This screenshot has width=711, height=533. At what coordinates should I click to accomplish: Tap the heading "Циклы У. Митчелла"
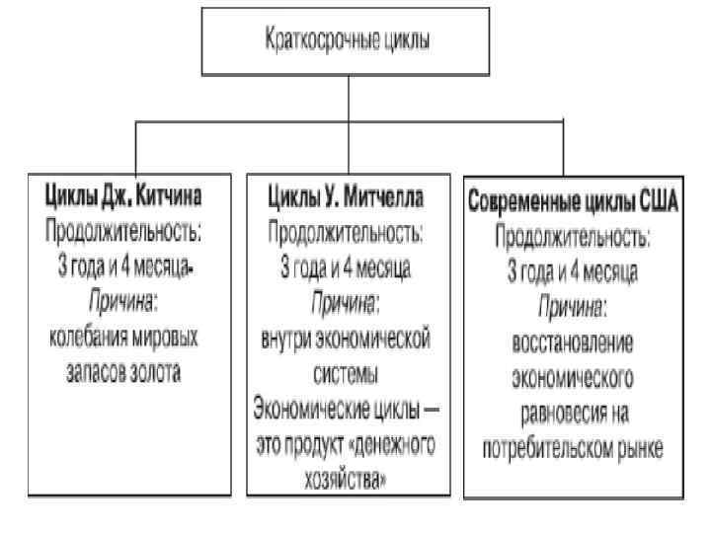point(347,197)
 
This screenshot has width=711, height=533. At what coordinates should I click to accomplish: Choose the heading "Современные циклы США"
point(572,202)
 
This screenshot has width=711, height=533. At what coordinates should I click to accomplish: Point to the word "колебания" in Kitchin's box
point(89,338)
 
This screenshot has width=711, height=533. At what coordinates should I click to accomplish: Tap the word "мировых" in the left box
point(167,338)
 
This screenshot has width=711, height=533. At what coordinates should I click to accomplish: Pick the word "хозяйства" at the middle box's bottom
point(345,480)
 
